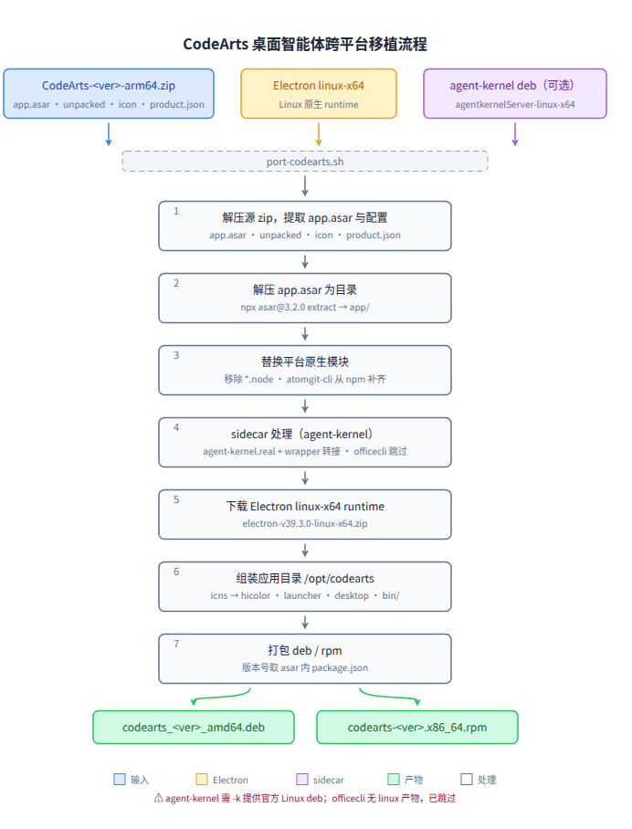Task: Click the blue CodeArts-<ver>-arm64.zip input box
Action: click(109, 93)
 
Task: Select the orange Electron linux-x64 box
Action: click(319, 93)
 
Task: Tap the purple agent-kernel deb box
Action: click(514, 93)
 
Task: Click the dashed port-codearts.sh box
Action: click(305, 162)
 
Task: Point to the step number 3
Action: click(176, 355)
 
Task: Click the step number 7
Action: click(176, 644)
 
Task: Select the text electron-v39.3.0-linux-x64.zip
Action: click(305, 523)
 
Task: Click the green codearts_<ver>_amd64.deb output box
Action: click(194, 728)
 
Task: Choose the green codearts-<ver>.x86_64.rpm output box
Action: click(417, 728)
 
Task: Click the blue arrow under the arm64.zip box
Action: click(109, 134)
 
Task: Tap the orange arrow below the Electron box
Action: click(319, 134)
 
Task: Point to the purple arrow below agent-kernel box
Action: click(514, 134)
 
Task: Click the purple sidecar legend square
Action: click(302, 780)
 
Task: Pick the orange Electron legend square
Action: click(202, 780)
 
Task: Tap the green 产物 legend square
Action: click(394, 780)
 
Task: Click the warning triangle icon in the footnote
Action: click(158, 798)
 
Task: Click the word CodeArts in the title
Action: click(216, 44)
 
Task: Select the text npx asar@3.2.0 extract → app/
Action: click(305, 307)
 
